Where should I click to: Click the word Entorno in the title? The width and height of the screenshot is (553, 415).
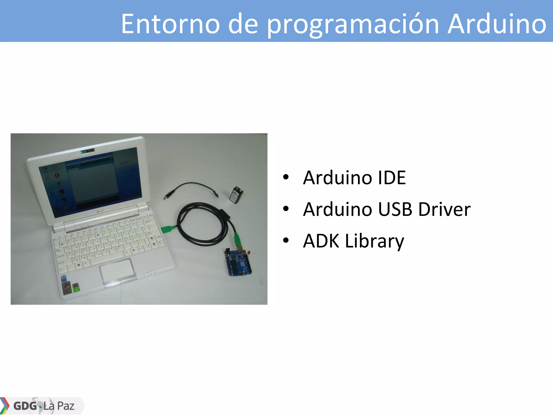pyautogui.click(x=170, y=24)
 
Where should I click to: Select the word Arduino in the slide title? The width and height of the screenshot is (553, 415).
pyautogui.click(x=497, y=24)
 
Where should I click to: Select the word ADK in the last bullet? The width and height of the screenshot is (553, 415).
pyautogui.click(x=321, y=241)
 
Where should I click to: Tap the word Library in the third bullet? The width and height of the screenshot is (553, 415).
pyautogui.click(x=375, y=241)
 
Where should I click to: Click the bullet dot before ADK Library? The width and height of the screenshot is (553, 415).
pyautogui.click(x=286, y=240)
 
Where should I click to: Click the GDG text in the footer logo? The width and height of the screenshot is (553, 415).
pyautogui.click(x=25, y=406)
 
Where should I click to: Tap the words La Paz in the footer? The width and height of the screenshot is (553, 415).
pyautogui.click(x=59, y=406)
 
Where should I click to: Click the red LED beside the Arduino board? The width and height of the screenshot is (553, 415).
pyautogui.click(x=249, y=252)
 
